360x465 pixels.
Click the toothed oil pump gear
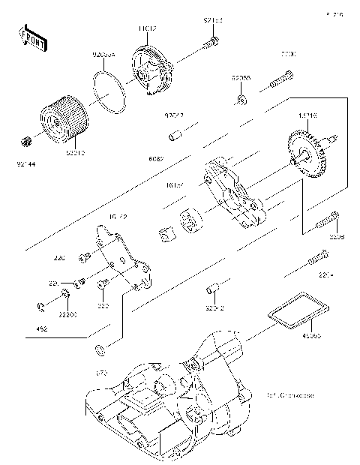click(307, 152)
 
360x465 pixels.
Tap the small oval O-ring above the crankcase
click(100, 349)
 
